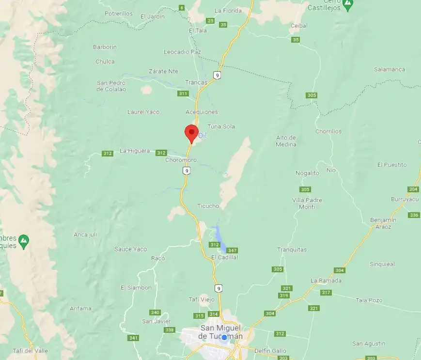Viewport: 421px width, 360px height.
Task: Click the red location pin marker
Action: [191, 132]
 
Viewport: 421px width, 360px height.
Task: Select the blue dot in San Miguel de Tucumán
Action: [224, 337]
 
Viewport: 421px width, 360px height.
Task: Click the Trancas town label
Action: [196, 82]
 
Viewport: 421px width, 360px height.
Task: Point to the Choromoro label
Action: [181, 160]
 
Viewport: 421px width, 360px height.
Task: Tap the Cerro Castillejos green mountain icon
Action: [347, 5]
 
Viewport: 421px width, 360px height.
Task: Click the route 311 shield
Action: [183, 94]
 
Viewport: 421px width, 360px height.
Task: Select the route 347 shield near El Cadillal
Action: [232, 250]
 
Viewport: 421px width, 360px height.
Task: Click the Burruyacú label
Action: [405, 199]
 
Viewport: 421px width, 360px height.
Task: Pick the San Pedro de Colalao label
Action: [111, 86]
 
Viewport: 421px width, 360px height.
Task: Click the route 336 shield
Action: [414, 215]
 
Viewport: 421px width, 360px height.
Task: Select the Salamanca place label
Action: [389, 69]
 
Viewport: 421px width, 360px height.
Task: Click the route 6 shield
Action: [182, 8]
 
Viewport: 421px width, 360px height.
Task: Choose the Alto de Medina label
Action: [286, 141]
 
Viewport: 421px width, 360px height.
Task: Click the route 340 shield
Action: [155, 312]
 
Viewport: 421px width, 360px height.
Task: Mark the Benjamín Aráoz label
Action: [383, 223]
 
